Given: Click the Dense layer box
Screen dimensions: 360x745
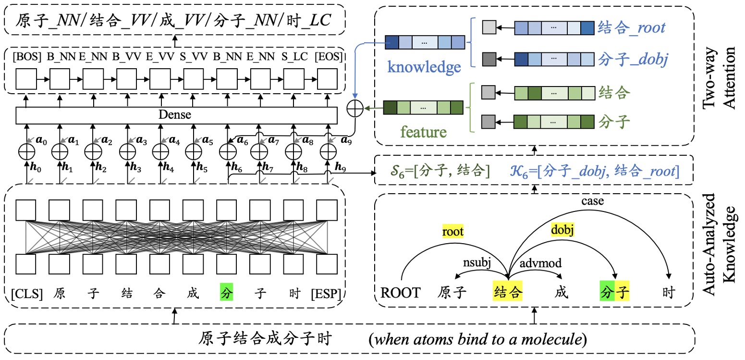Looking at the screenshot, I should tap(175, 115).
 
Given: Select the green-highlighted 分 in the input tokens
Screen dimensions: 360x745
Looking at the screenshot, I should tap(226, 292).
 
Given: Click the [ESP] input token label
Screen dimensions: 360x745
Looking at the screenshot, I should tap(327, 292).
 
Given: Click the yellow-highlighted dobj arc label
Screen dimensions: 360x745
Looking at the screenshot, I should tap(563, 230).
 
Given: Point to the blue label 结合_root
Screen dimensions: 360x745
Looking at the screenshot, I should tap(631, 27).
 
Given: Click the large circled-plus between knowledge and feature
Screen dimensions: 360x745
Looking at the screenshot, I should tap(355, 109).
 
